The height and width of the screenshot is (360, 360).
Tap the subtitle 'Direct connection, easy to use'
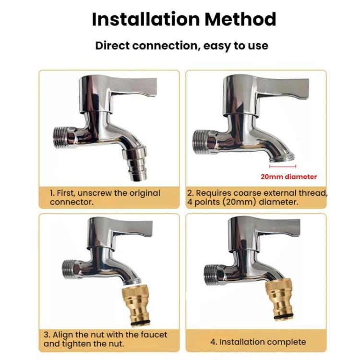(x=181, y=46)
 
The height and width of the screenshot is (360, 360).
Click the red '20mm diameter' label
(x=288, y=177)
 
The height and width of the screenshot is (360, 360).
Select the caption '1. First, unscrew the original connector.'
(x=105, y=197)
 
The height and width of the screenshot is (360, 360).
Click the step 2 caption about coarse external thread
(x=256, y=197)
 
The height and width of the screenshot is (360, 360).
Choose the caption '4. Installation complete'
(x=258, y=342)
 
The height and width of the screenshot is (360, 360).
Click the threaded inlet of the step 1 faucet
(x=63, y=137)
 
